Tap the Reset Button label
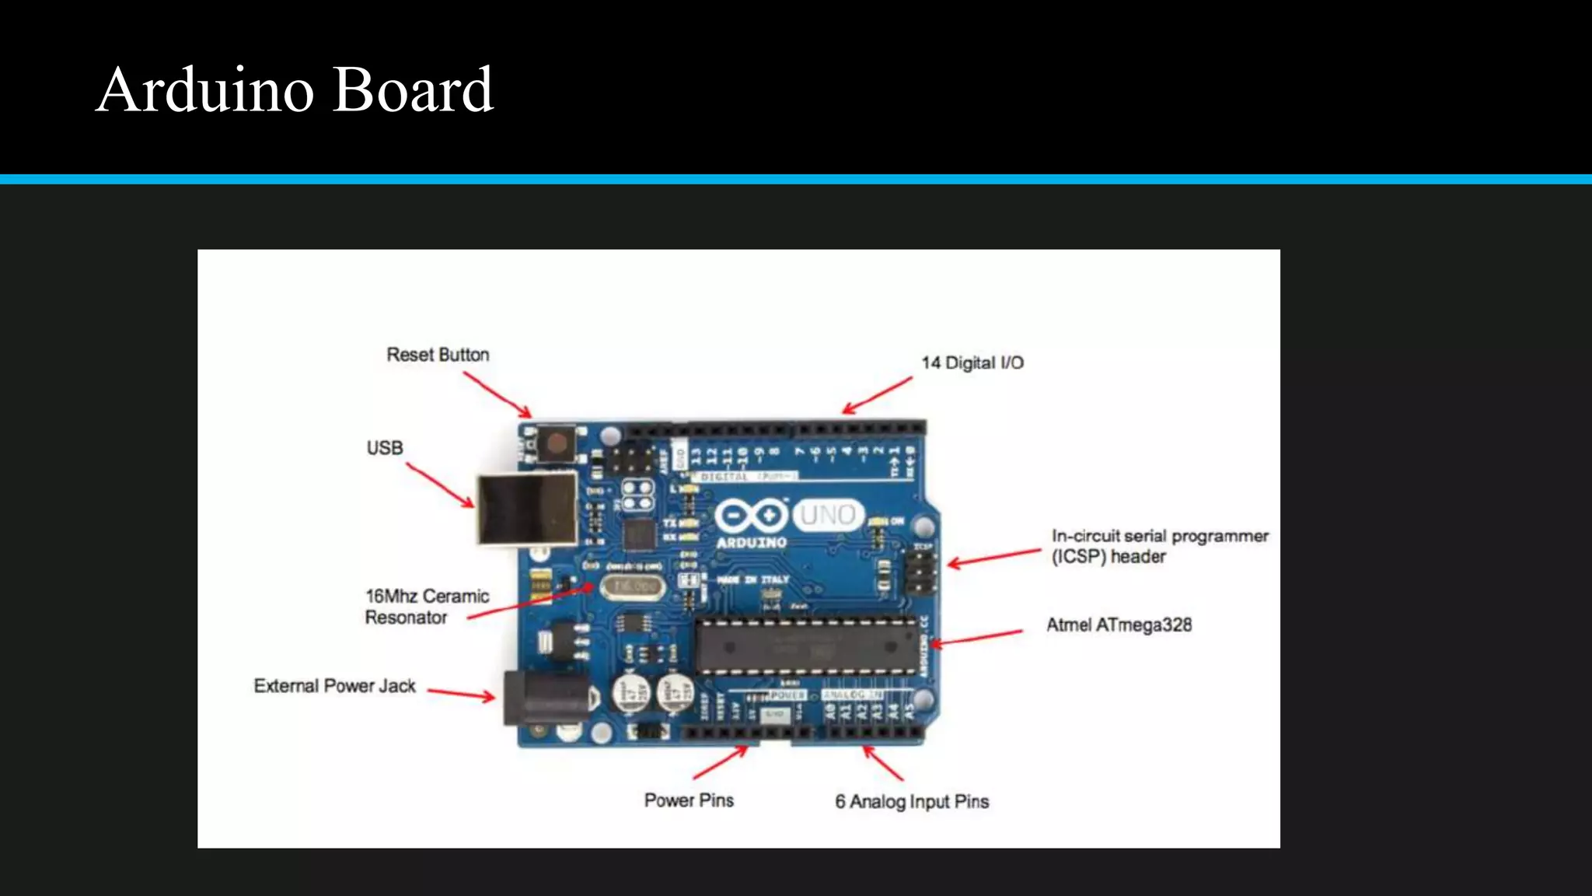pyautogui.click(x=438, y=355)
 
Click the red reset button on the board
pyautogui.click(x=557, y=444)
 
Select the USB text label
pyautogui.click(x=385, y=448)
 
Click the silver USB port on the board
pyautogui.click(x=526, y=509)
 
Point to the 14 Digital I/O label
pyautogui.click(x=972, y=362)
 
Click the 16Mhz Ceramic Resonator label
pyautogui.click(x=427, y=607)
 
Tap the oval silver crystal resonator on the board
pyautogui.click(x=633, y=586)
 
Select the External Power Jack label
pyautogui.click(x=334, y=686)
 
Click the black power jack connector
pyautogui.click(x=544, y=698)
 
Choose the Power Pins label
pyautogui.click(x=689, y=800)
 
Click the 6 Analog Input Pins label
pyautogui.click(x=912, y=802)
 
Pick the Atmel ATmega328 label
pyautogui.click(x=1119, y=625)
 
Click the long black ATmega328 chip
pyautogui.click(x=807, y=646)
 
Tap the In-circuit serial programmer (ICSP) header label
pyautogui.click(x=1159, y=546)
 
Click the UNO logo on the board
pyautogui.click(x=828, y=515)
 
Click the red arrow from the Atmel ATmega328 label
pyautogui.click(x=977, y=638)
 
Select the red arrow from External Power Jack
pyautogui.click(x=461, y=694)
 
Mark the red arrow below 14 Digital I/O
pyautogui.click(x=878, y=395)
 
